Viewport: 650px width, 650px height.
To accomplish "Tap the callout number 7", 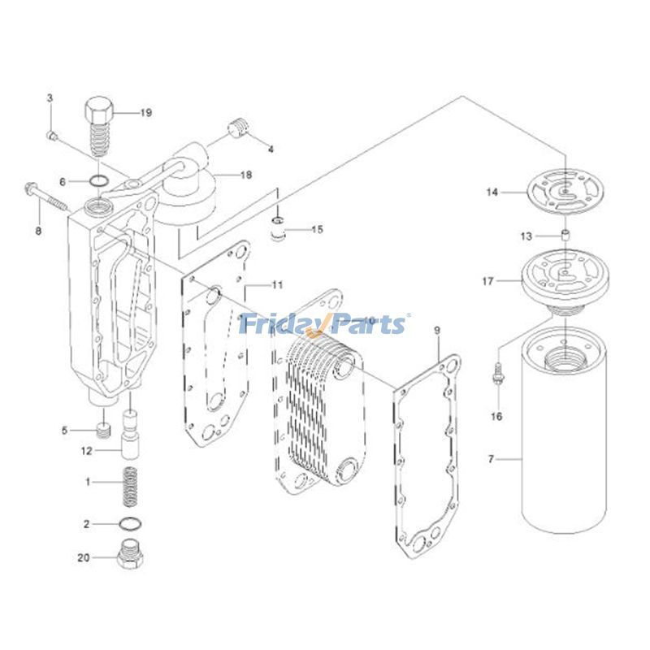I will click(491, 461).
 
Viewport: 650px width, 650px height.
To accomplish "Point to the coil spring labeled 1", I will click(127, 483).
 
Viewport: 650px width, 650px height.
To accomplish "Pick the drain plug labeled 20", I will click(130, 557).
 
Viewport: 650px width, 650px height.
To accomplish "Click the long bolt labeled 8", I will click(49, 195).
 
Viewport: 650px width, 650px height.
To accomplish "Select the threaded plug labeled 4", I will click(237, 128).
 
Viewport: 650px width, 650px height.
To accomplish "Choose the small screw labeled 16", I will click(496, 375).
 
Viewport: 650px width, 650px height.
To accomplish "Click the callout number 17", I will click(488, 281).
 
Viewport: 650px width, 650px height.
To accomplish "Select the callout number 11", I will click(277, 284).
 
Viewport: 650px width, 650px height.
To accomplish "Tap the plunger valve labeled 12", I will click(130, 435).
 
